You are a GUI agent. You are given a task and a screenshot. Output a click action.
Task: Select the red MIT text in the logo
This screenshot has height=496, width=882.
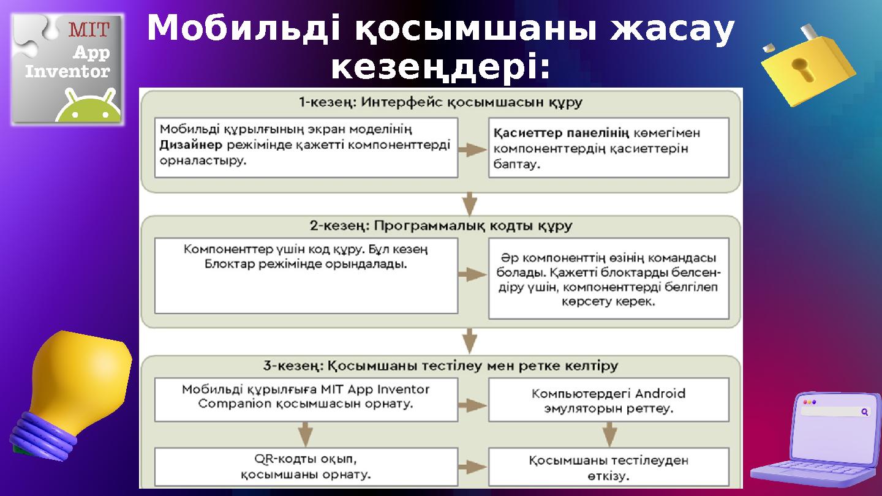click(x=89, y=29)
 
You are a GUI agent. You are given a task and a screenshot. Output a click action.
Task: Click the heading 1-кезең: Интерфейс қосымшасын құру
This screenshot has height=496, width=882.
click(x=440, y=102)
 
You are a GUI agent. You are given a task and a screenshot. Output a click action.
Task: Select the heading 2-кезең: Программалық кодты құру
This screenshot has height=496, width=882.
click(x=440, y=226)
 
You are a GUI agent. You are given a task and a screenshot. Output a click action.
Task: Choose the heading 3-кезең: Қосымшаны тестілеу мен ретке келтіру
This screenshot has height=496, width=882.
click(x=440, y=366)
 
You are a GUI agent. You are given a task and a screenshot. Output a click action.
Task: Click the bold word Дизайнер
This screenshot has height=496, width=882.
click(x=190, y=145)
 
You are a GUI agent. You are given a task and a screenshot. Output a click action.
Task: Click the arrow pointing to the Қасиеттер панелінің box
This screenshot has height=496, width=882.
click(x=472, y=149)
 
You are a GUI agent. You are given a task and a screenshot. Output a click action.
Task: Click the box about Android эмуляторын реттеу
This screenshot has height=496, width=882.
click(x=608, y=400)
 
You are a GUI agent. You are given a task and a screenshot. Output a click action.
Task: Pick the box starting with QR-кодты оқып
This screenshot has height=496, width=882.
click(x=306, y=467)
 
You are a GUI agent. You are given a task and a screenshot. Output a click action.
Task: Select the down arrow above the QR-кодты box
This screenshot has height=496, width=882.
click(x=306, y=434)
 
